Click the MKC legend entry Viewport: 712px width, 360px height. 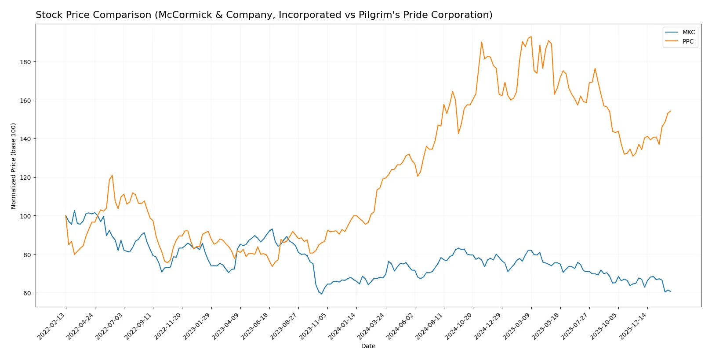click(688, 32)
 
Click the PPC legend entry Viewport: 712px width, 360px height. click(688, 41)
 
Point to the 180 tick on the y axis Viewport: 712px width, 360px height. click(25, 62)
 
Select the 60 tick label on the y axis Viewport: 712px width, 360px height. click(27, 293)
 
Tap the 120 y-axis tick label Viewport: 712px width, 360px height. click(25, 178)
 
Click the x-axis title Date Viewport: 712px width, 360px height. click(368, 346)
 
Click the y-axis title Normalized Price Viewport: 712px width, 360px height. click(14, 166)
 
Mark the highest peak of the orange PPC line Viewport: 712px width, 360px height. click(531, 36)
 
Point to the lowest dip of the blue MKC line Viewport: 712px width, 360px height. click(322, 294)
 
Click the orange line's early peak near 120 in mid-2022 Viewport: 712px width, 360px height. click(112, 175)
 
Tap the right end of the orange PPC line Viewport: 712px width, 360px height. click(671, 111)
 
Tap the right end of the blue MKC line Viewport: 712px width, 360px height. click(671, 291)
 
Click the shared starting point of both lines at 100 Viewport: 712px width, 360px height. click(66, 216)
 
